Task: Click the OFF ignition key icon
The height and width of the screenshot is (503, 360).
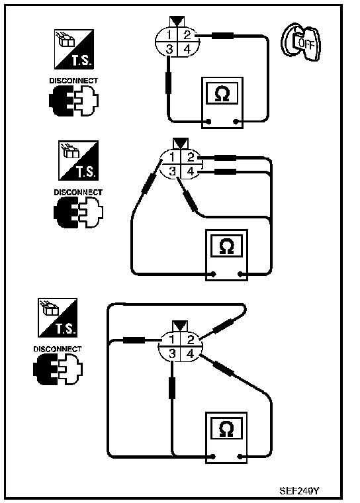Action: [x=300, y=42]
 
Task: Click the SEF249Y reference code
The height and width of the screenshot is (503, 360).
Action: [x=299, y=491]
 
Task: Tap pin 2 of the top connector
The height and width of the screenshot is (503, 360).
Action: [x=187, y=34]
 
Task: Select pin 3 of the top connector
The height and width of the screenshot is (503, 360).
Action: [x=169, y=49]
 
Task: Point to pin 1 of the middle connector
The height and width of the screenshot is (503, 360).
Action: [x=172, y=158]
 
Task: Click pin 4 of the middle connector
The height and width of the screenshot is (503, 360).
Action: [x=191, y=171]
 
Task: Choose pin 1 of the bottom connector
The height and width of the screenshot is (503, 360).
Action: [x=172, y=339]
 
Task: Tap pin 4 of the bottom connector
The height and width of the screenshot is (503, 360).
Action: [x=191, y=354]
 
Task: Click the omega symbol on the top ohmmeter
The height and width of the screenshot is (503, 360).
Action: [x=222, y=94]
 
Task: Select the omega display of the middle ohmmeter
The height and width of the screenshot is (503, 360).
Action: [x=226, y=246]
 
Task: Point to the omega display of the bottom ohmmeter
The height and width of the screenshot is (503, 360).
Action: [x=226, y=429]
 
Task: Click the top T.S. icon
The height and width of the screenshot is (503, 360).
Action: [x=74, y=49]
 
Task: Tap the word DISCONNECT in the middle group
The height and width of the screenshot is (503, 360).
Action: [x=78, y=193]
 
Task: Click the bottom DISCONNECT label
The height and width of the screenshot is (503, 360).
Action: [x=58, y=349]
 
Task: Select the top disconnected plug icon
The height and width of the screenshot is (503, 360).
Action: [x=74, y=101]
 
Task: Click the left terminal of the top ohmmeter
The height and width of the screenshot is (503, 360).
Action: [x=208, y=122]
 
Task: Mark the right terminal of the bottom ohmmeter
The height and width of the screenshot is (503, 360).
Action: [x=240, y=457]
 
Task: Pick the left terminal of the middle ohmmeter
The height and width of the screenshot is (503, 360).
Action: [x=212, y=274]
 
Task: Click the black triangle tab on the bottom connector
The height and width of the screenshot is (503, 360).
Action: [x=180, y=326]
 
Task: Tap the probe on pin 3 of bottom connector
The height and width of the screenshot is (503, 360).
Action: [x=172, y=388]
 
